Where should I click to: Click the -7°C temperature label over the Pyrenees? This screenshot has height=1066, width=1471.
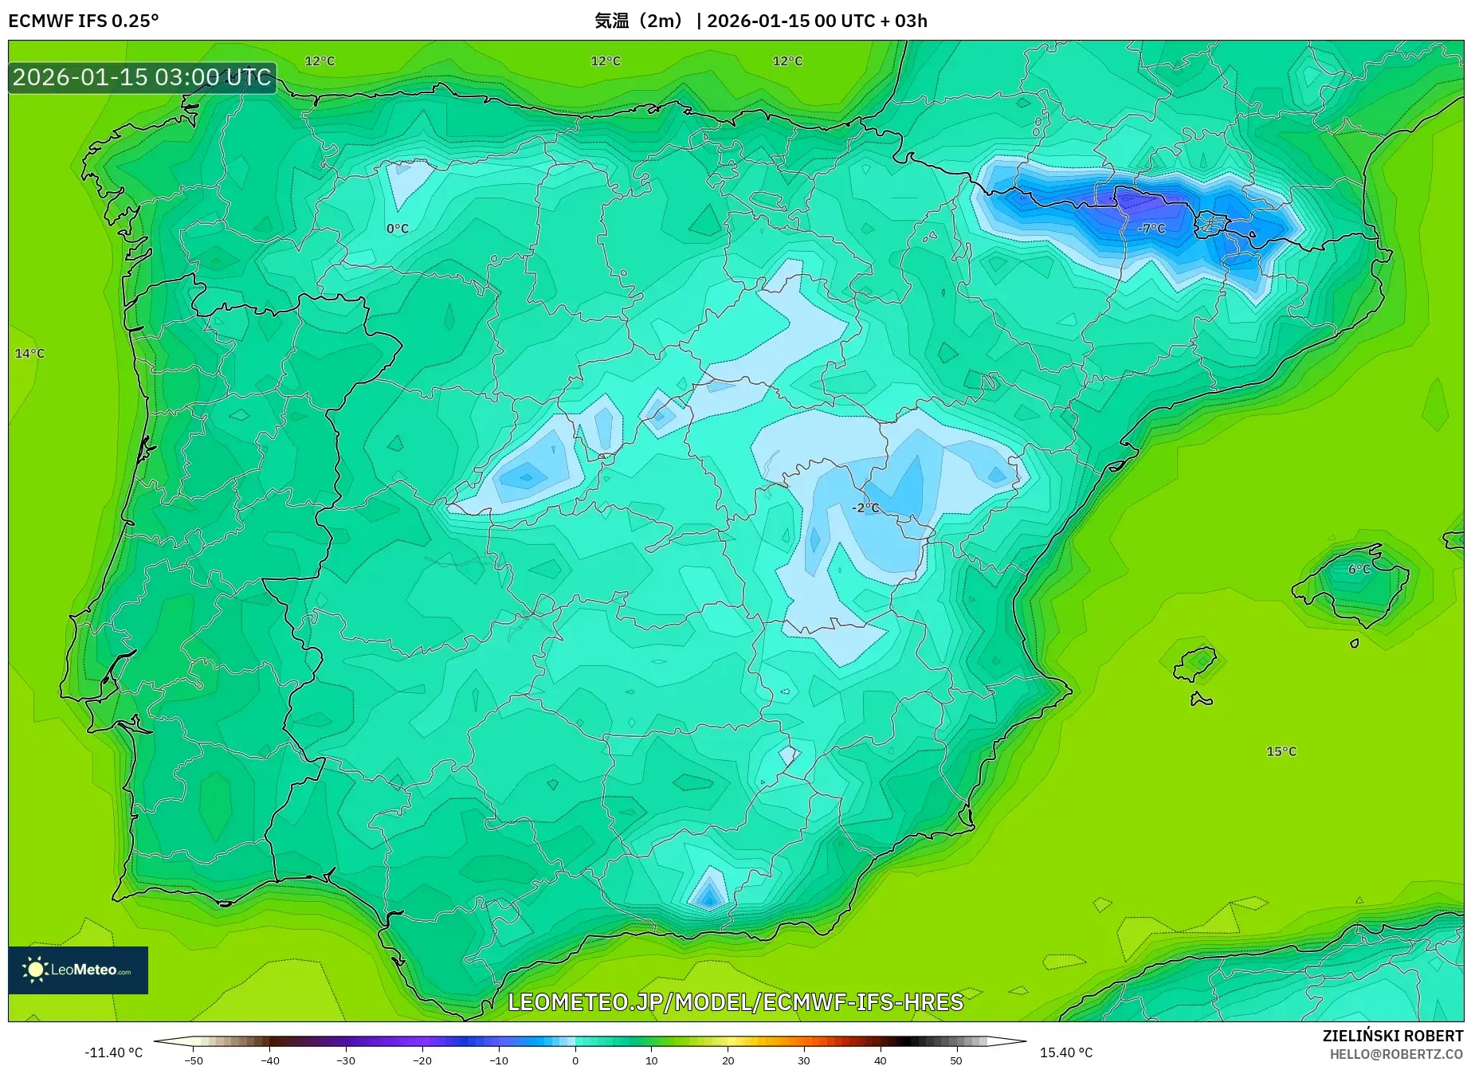click(1151, 229)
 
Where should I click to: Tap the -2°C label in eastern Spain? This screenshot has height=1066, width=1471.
click(865, 508)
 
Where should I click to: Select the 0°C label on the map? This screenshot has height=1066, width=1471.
click(397, 229)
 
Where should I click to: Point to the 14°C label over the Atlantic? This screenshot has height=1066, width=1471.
click(29, 354)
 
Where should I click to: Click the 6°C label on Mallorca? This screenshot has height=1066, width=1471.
click(1359, 570)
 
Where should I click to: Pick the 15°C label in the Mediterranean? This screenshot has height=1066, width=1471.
click(1281, 751)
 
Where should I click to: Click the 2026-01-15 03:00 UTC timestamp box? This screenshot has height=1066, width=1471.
click(142, 77)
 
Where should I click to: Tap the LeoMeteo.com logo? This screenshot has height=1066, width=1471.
click(78, 970)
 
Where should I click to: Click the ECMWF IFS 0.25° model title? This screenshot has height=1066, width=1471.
click(84, 21)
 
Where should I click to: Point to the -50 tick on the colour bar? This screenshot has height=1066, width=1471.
click(193, 1060)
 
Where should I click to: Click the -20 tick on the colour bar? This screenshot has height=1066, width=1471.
click(422, 1060)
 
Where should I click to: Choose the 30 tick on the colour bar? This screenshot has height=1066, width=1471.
click(803, 1060)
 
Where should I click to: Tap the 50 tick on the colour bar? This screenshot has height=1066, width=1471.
click(955, 1060)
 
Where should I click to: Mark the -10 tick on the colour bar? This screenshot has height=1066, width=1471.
click(498, 1060)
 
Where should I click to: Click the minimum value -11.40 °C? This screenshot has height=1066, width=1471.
click(113, 1052)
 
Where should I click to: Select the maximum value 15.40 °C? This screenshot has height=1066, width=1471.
click(1065, 1052)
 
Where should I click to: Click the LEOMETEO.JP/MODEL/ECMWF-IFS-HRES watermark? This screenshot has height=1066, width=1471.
click(735, 1001)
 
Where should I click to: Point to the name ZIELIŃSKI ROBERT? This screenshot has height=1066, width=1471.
click(1392, 1036)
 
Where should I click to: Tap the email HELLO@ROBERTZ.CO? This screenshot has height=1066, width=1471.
click(1395, 1054)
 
